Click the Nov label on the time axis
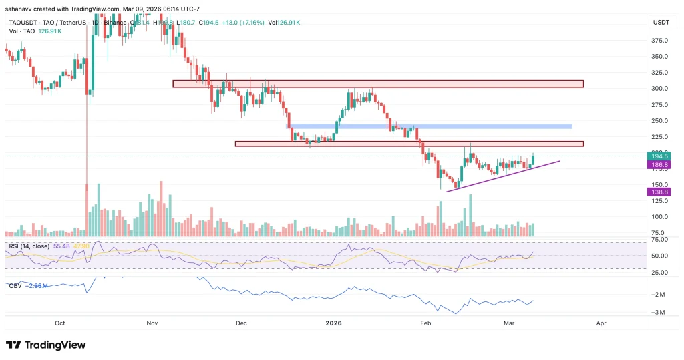tap(151, 323)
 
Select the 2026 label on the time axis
tap(333, 323)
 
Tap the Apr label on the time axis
tap(601, 323)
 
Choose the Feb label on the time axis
tap(425, 323)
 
